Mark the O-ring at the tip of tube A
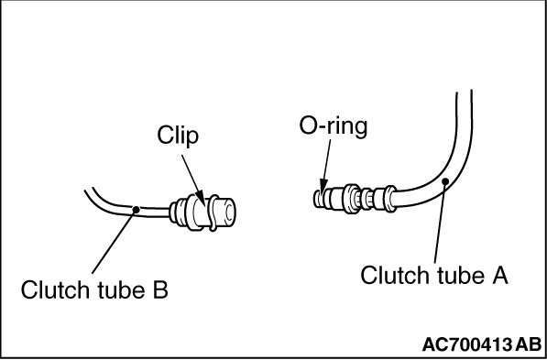(x=322, y=196)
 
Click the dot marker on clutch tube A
(x=443, y=181)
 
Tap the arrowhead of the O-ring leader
(x=322, y=186)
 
